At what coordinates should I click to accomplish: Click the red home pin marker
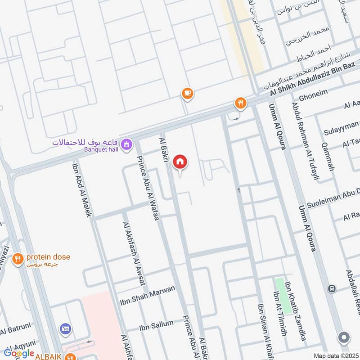coord(180,162)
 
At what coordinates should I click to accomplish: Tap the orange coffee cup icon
coord(187,93)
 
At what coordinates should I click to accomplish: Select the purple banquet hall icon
coord(127,144)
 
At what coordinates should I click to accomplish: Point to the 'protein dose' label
coord(48,257)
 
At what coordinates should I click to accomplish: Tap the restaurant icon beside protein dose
coord(18,259)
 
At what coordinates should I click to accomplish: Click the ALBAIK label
coord(49,355)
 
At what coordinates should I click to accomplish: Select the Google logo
coord(19,353)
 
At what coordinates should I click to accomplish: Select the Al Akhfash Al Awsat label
coord(134,254)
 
